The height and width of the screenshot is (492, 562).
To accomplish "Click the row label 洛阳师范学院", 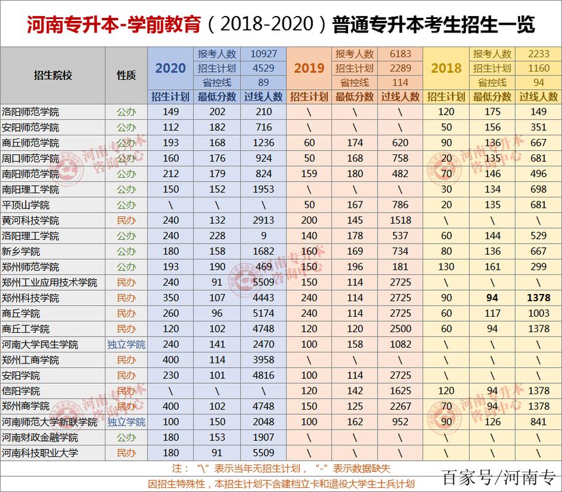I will tap(31, 112).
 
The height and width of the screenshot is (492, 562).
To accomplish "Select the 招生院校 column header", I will tap(53, 75).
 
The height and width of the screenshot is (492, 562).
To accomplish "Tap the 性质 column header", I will tap(126, 75).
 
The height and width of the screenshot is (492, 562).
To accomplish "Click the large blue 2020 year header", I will tap(170, 68).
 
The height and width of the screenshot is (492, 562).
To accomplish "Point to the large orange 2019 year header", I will tap(309, 68).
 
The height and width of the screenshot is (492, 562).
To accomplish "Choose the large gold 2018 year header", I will tap(446, 68).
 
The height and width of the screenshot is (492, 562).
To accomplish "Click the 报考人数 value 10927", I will tap(263, 54).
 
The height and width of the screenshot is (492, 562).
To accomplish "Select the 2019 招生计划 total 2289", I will tap(400, 68).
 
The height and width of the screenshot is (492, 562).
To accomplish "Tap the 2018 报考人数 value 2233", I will tap(538, 54).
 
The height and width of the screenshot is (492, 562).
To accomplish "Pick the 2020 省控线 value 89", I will tap(263, 82).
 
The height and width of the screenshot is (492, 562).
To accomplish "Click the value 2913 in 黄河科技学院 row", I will tap(263, 220).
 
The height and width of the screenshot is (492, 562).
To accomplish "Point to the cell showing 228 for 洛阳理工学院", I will tap(216, 236).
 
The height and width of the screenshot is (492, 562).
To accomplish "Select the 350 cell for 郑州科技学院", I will tap(170, 298).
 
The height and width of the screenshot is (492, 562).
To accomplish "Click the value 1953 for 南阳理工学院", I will tap(263, 189).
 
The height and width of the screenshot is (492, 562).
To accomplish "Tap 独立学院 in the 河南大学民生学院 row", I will tap(126, 344).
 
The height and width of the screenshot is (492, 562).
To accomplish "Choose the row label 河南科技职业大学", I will tap(39, 453).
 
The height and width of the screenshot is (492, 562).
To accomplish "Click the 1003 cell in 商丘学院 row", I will tap(538, 314).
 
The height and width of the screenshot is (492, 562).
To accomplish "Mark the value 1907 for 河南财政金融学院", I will tap(263, 437).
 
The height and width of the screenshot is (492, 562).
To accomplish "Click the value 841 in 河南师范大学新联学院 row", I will tap(538, 422).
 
